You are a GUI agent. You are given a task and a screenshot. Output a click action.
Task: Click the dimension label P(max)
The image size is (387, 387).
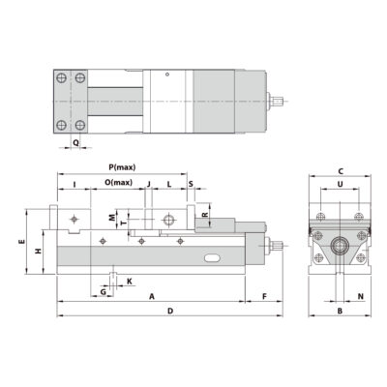[x=123, y=165]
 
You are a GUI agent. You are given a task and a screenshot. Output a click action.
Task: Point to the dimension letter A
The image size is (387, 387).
[x=151, y=298]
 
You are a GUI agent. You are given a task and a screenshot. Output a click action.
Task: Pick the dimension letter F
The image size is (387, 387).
[x=263, y=298]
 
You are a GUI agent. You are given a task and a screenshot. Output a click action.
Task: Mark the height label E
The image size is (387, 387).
[x=22, y=243]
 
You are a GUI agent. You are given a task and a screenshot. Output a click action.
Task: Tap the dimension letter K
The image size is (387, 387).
[x=129, y=282]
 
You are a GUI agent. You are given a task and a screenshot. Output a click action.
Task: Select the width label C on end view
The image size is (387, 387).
[x=340, y=168]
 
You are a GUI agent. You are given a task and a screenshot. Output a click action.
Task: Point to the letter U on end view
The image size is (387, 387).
[x=340, y=182]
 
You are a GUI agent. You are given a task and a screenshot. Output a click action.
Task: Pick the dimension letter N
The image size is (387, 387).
[x=360, y=297]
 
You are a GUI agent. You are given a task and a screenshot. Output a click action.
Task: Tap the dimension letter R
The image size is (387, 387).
[x=204, y=215]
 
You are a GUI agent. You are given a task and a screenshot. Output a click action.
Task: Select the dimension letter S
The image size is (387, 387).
[x=190, y=182]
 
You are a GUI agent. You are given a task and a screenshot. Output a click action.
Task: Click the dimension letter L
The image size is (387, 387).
[x=168, y=182]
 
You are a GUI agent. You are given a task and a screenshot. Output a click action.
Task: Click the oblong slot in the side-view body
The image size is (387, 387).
[x=214, y=258]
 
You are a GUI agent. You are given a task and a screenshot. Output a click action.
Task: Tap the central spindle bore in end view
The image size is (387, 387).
[x=340, y=246]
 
